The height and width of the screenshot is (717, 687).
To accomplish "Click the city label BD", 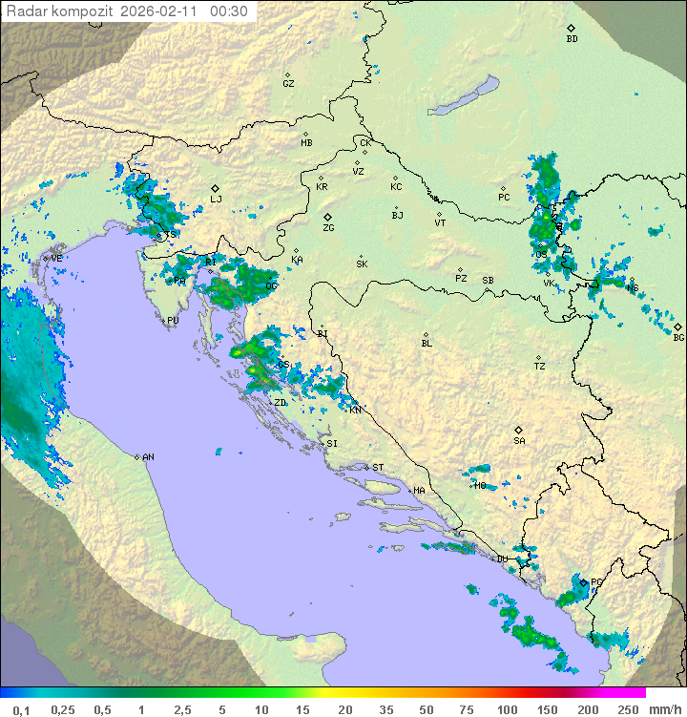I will coord(572,39).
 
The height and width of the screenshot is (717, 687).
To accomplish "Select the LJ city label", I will coord(217,200).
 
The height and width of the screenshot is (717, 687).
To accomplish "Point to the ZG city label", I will coord(328,228).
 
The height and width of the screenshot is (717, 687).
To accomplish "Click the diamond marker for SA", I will coord(519,430).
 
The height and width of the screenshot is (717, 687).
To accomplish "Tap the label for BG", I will coord(678,337).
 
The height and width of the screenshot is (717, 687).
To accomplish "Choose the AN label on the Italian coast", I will coord(148,457).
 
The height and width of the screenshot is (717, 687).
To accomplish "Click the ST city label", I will coord(378,468).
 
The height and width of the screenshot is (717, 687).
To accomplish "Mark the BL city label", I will coord(427,344).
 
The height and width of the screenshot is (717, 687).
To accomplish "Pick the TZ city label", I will coord(539,367).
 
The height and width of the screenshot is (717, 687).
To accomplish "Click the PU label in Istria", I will coord(173,322).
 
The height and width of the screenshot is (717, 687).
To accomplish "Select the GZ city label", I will coord(288,84).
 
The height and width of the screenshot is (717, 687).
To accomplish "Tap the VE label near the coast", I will coord(56,259).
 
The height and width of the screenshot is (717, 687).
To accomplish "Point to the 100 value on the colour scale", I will coord(508,709).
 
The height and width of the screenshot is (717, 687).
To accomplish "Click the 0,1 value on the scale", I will coord(21,709).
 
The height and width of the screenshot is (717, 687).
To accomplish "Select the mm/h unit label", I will coord(661,709).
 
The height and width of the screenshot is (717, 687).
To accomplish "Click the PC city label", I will coord(504,198).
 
